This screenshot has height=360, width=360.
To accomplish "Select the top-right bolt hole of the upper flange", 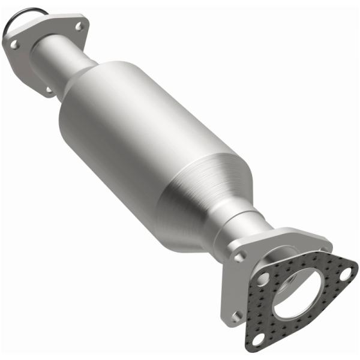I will [76, 25].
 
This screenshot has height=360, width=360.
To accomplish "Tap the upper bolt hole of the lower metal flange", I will [241, 256].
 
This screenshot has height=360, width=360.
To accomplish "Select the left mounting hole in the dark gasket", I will [264, 280].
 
